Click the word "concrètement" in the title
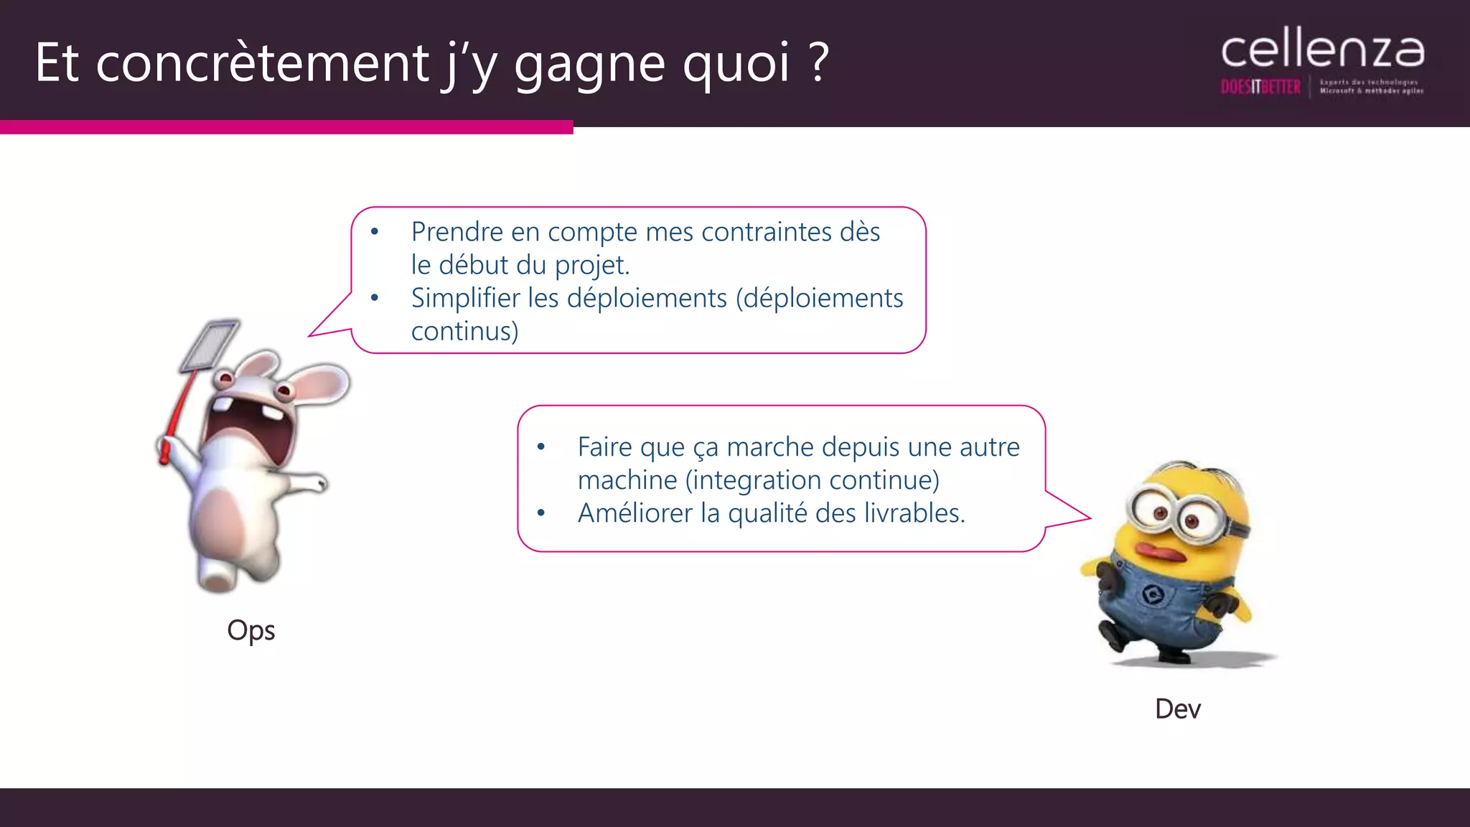(x=262, y=63)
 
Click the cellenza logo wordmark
(x=1322, y=50)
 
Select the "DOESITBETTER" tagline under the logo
(x=1260, y=88)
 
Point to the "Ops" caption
(x=251, y=631)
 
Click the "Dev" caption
(x=1178, y=709)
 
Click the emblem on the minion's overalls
(x=1153, y=594)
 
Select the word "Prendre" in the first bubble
(x=457, y=232)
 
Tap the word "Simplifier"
(x=465, y=298)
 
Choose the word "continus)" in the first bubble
(x=464, y=331)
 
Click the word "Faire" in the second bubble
(x=604, y=447)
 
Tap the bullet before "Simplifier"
(x=374, y=298)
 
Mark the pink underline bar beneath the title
(x=286, y=127)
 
